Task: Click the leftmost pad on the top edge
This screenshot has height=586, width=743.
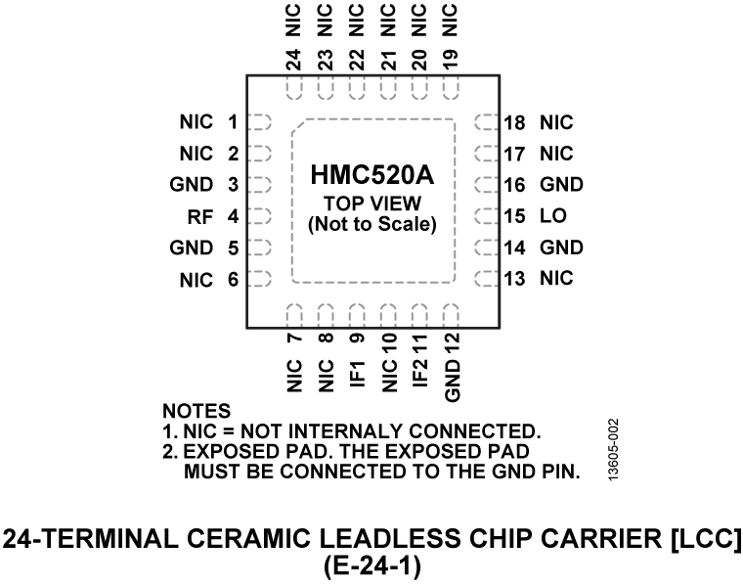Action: point(294,88)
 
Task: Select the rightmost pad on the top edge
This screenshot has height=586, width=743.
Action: point(451,88)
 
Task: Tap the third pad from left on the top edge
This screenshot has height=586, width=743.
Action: point(357,88)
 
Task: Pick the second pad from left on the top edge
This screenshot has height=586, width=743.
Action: point(326,88)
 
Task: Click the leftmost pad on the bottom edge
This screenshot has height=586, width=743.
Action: point(294,315)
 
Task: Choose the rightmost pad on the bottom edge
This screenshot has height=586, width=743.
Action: point(451,315)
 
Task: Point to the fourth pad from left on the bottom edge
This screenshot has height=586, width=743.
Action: point(388,315)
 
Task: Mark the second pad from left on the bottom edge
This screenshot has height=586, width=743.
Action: point(326,315)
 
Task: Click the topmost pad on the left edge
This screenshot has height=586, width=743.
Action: point(260,122)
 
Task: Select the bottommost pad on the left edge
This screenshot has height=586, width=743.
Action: point(260,279)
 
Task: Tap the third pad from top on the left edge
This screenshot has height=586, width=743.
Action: point(260,185)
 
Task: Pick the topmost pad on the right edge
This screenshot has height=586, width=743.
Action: point(486,122)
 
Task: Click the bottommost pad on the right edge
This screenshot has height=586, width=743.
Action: point(486,279)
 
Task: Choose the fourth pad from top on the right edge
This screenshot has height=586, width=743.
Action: point(486,216)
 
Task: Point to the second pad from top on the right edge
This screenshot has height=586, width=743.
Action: point(486,154)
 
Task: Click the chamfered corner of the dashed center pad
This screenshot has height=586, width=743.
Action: point(299,126)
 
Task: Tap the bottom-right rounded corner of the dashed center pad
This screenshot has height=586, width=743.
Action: point(453,280)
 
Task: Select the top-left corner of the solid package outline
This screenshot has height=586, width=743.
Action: point(247,75)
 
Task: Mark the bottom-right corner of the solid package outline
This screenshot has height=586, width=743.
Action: point(500,328)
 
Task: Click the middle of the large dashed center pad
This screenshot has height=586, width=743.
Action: point(373,201)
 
